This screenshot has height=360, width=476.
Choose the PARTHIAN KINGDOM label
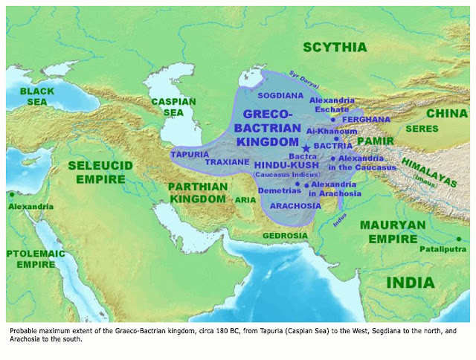point(196,193)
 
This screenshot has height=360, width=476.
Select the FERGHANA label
point(370,119)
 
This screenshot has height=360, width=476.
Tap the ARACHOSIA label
point(295,205)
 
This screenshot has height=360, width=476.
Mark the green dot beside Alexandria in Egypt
point(12,196)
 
